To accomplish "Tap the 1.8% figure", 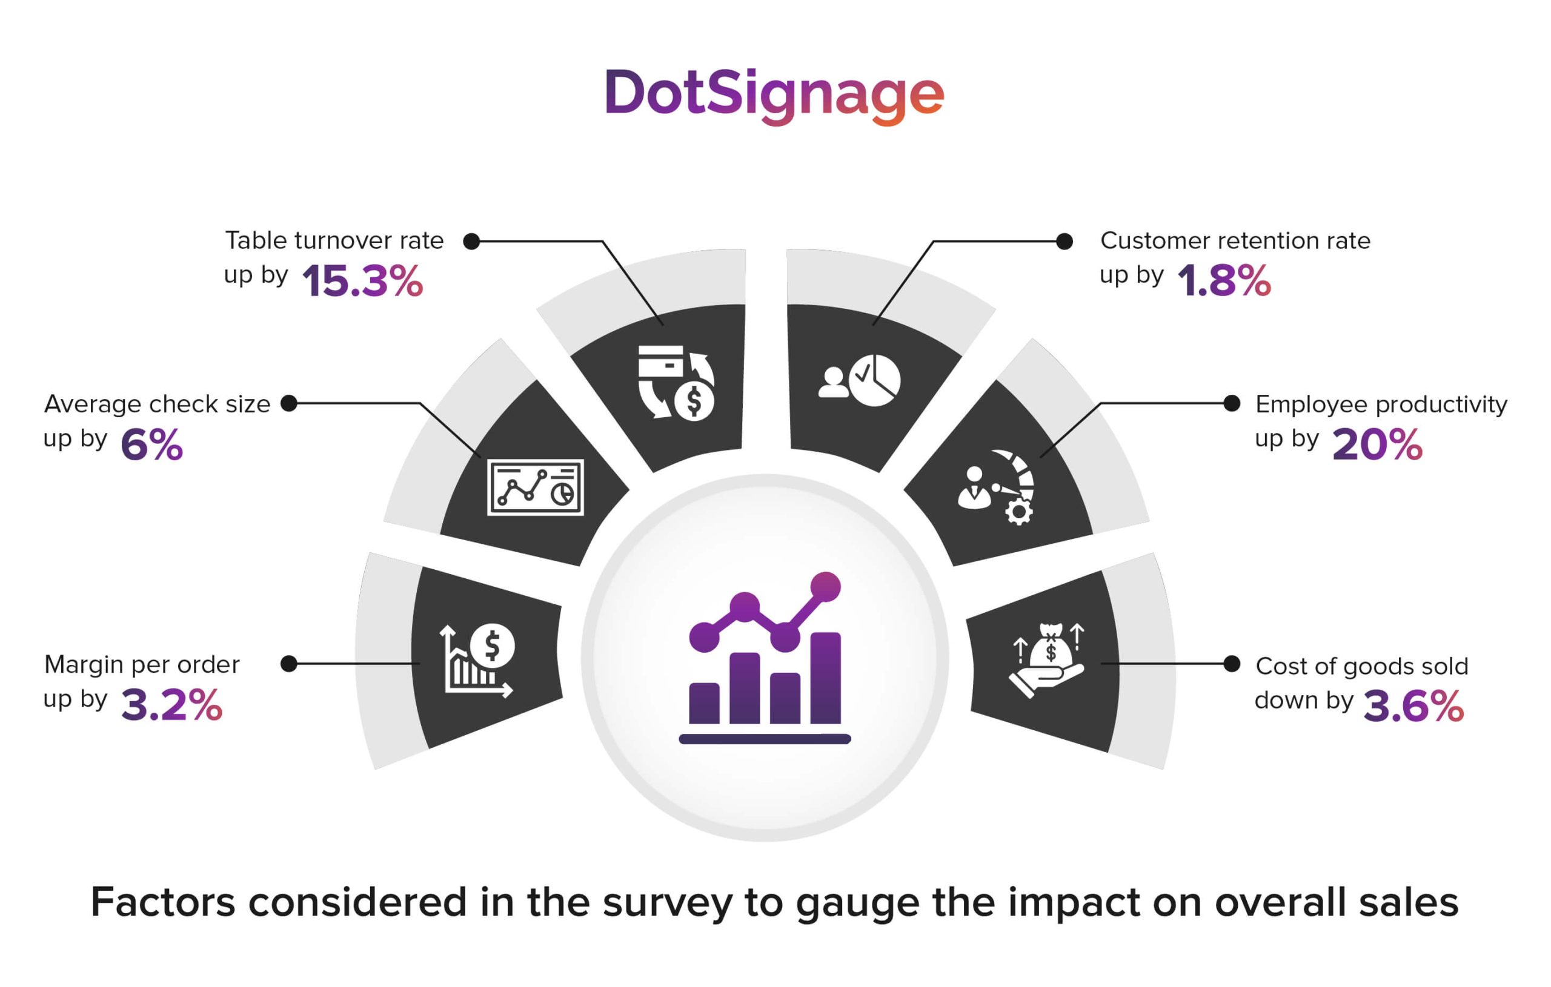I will (x=1224, y=282).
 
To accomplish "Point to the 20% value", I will (x=1377, y=445).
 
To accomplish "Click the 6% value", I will (x=152, y=445).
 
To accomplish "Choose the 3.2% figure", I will (x=171, y=705).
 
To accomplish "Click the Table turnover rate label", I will (x=334, y=241).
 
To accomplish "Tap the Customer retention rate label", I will (x=1235, y=241).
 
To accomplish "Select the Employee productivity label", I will (x=1381, y=404).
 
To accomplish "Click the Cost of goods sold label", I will (x=1361, y=666).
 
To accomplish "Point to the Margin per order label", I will (x=142, y=664).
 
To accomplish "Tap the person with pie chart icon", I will (x=859, y=380).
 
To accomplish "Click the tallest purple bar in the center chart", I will (x=825, y=679).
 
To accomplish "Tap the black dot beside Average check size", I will (x=289, y=404).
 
